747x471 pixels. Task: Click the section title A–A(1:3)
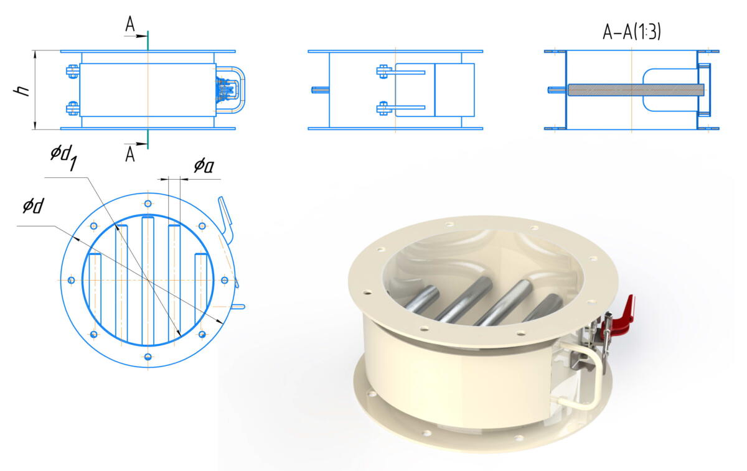pos(632,32)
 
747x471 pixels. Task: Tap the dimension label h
pos(22,91)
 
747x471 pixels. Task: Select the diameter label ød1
pos(64,158)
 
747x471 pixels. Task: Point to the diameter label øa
pos(204,166)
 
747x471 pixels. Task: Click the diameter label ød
pos(34,206)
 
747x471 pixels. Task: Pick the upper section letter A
pos(129,24)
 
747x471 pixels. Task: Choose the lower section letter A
pos(129,154)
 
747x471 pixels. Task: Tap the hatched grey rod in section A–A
pos(636,90)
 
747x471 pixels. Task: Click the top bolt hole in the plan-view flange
pos(148,203)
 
